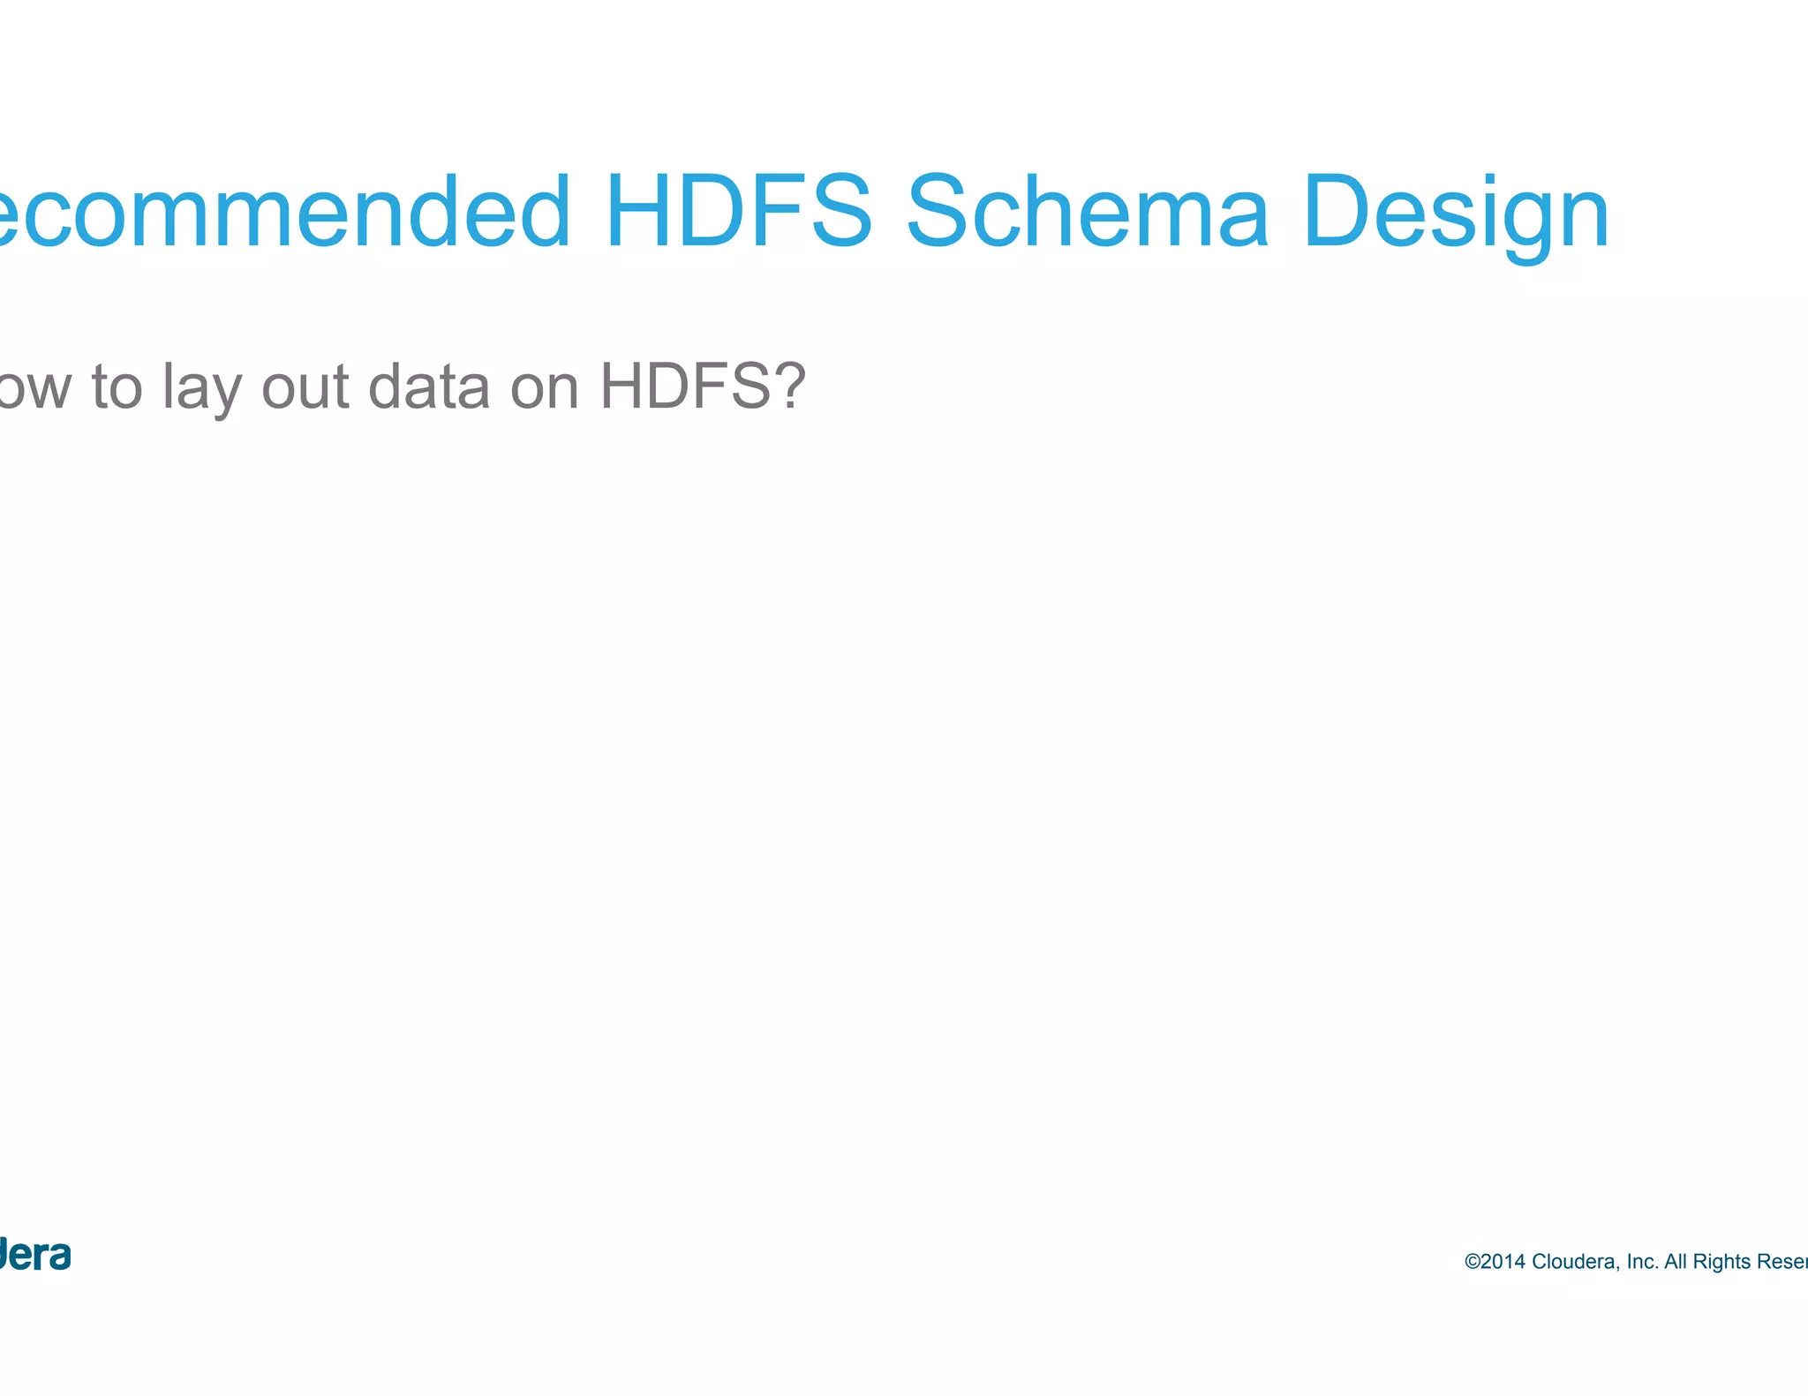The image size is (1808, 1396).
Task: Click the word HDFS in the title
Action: tap(738, 212)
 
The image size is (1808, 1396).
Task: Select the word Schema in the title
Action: tap(1087, 212)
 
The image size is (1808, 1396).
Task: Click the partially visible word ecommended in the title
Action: tap(282, 212)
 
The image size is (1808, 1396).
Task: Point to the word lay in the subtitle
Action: tap(201, 388)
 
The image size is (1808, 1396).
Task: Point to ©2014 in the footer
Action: tap(1495, 1262)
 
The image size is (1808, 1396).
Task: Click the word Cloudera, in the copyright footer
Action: tap(1577, 1262)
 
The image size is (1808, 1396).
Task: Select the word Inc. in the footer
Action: tap(1642, 1262)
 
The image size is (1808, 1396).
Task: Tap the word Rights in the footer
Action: tap(1721, 1263)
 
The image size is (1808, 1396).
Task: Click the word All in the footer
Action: tap(1676, 1262)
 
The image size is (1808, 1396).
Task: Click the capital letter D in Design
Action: tap(1335, 212)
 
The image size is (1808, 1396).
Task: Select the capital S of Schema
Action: tap(938, 212)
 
